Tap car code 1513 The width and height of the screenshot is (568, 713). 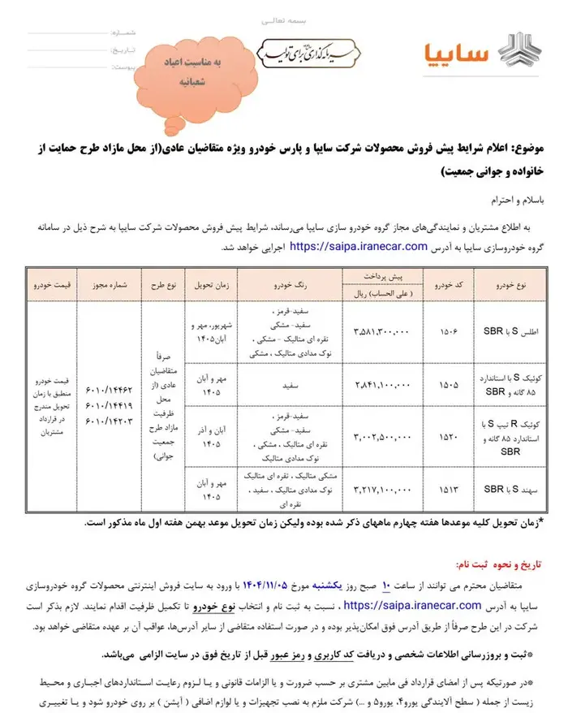449,489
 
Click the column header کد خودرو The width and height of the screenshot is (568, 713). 449,287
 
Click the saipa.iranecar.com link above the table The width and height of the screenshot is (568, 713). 358,245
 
